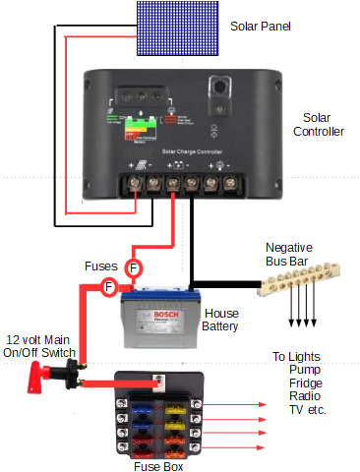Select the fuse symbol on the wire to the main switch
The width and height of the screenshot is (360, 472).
pyautogui.click(x=110, y=286)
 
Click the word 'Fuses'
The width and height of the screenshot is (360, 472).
pyautogui.click(x=101, y=266)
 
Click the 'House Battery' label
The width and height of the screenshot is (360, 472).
pyautogui.click(x=220, y=319)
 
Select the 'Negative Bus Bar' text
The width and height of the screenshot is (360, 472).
pyautogui.click(x=296, y=256)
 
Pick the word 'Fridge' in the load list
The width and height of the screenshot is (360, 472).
pyautogui.click(x=305, y=383)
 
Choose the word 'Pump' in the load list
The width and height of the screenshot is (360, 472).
pyautogui.click(x=304, y=370)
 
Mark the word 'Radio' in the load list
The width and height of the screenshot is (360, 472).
pyautogui.click(x=305, y=395)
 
